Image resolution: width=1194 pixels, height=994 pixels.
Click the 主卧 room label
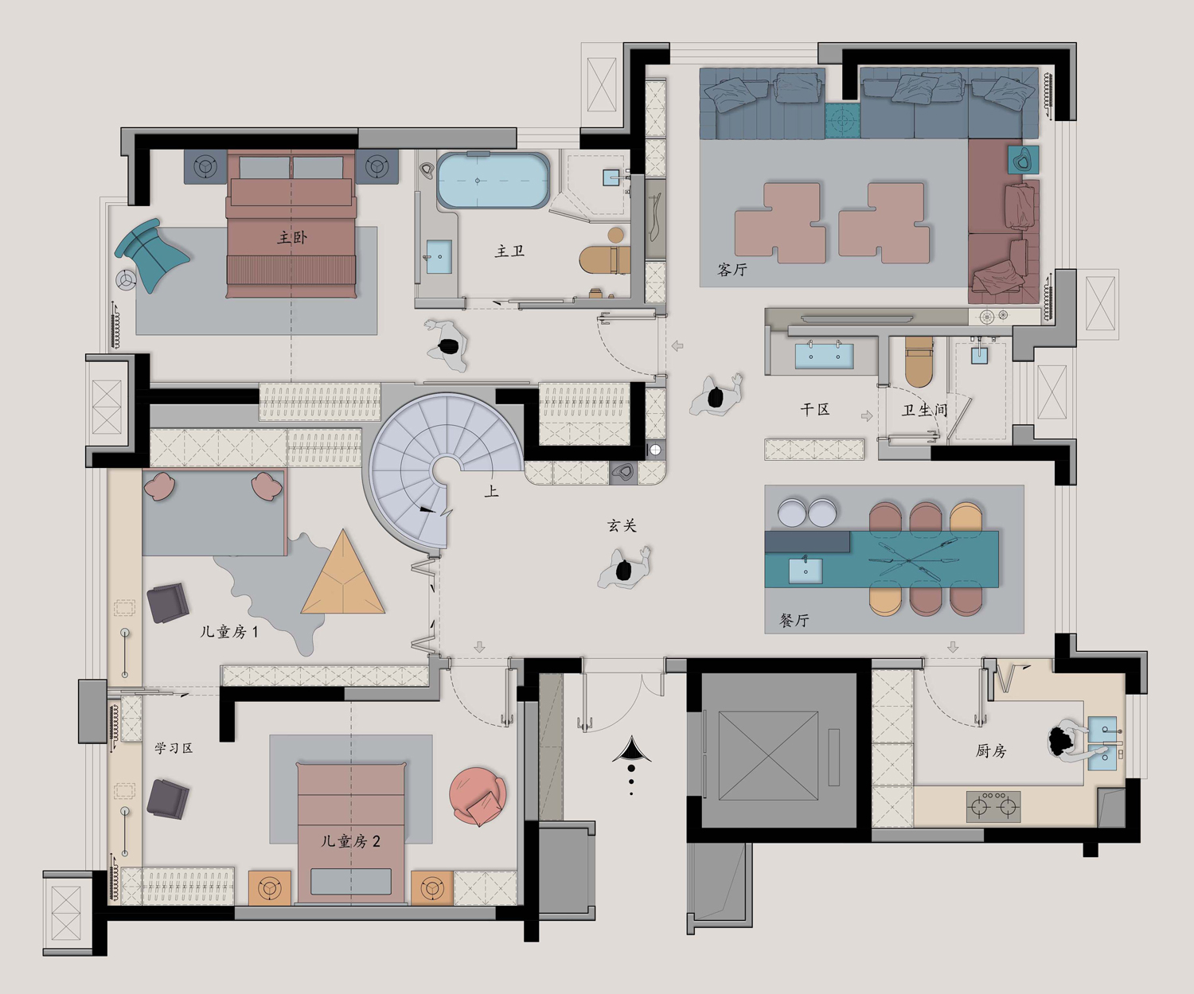(x=292, y=237)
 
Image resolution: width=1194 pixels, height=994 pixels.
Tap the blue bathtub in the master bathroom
(x=493, y=180)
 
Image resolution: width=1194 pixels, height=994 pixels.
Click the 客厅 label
(x=732, y=269)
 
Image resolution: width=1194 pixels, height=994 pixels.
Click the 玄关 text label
(x=622, y=525)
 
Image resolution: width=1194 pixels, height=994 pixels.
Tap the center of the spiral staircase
(x=445, y=469)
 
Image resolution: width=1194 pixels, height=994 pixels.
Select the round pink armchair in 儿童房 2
(x=478, y=796)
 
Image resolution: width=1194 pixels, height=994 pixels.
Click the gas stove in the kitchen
(x=993, y=806)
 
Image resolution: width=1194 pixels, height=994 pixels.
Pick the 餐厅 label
(x=794, y=620)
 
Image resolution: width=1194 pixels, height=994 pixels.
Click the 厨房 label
(x=990, y=750)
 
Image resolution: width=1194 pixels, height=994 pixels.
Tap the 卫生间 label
(x=925, y=410)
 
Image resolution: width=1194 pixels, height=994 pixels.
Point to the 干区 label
(x=815, y=409)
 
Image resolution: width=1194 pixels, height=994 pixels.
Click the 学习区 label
(x=174, y=748)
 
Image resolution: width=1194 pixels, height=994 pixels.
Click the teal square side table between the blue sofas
(x=842, y=121)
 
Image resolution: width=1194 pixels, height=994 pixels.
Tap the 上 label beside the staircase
(x=491, y=491)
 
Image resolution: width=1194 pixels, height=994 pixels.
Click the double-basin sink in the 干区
(x=824, y=355)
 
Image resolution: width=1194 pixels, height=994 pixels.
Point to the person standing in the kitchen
(x=1072, y=741)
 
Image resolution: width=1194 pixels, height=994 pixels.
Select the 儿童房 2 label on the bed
(x=350, y=840)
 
